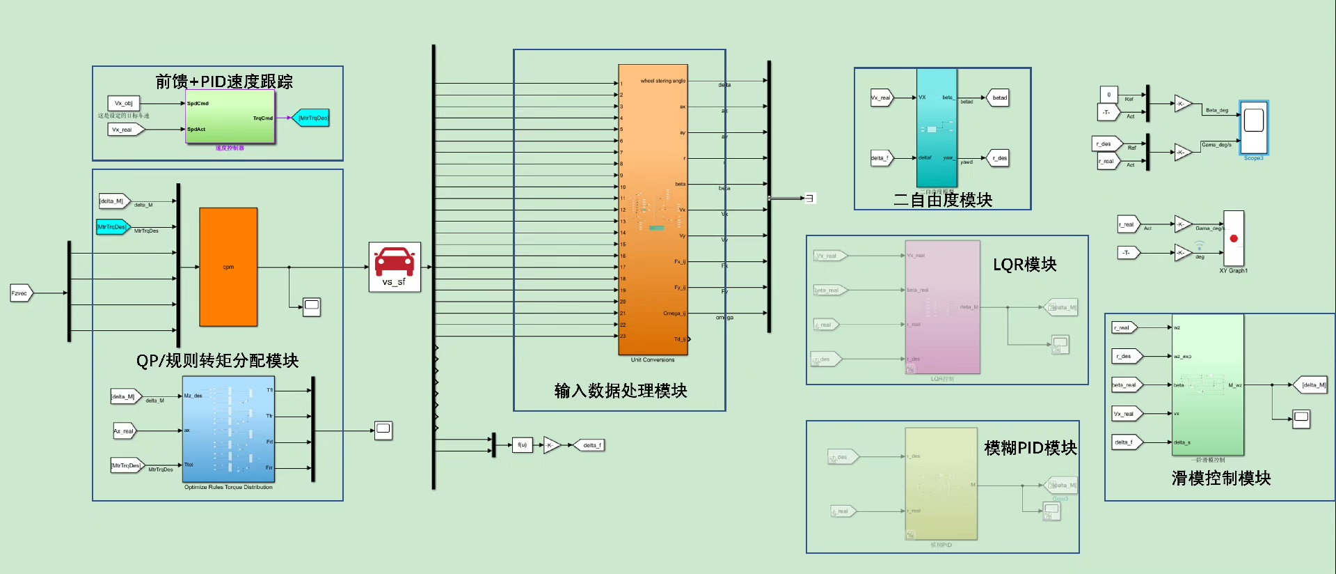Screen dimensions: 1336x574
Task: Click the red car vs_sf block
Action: (395, 267)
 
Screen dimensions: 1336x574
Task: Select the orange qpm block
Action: (228, 267)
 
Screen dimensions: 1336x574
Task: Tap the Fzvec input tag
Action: (20, 293)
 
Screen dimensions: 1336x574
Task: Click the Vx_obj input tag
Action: (124, 103)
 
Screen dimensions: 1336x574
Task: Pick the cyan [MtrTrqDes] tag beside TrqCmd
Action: (311, 118)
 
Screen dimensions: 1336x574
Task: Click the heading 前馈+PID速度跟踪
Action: (224, 82)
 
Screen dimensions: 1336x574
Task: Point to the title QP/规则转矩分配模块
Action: (217, 360)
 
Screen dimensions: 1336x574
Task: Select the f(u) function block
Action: (522, 444)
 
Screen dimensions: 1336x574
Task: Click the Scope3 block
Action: (1253, 127)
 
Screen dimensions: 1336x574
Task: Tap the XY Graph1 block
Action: (1234, 238)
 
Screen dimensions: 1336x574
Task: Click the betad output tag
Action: (999, 98)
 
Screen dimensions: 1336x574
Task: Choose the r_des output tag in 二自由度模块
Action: (999, 158)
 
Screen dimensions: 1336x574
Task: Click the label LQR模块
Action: (1024, 265)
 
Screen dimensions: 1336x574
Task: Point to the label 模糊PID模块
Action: (1030, 448)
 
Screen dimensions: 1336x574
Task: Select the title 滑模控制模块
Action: (1220, 478)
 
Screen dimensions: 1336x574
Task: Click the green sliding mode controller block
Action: (1208, 385)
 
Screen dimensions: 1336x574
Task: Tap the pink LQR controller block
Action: (942, 307)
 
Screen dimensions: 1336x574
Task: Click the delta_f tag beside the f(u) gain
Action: (589, 445)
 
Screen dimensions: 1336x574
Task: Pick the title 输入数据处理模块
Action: (620, 391)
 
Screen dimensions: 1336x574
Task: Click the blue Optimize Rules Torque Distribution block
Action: (228, 429)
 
